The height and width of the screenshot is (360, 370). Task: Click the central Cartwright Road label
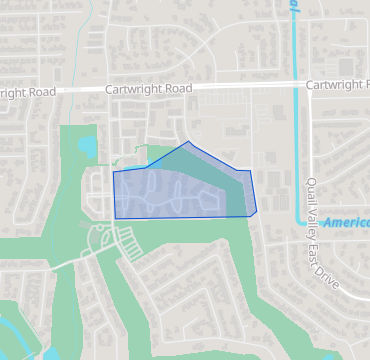click(148, 89)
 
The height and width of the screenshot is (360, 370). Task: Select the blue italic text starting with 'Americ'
click(345, 222)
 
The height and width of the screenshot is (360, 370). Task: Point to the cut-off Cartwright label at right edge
click(337, 85)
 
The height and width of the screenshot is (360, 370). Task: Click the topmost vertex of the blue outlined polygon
click(188, 141)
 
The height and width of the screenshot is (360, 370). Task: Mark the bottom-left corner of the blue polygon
click(115, 218)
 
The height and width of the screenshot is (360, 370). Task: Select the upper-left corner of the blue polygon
click(113, 172)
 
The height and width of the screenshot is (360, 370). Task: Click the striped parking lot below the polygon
click(129, 241)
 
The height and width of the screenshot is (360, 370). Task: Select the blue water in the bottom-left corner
click(12, 335)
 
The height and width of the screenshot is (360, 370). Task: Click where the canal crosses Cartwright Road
click(296, 86)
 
